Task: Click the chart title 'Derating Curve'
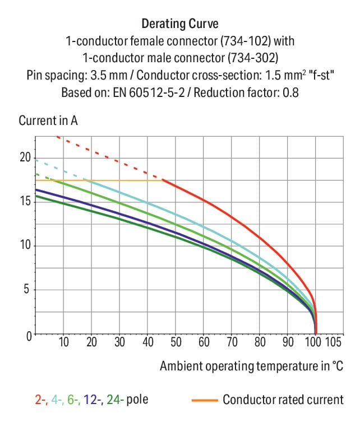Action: [x=179, y=24]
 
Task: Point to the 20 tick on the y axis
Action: [x=25, y=157]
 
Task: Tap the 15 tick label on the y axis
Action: [x=25, y=202]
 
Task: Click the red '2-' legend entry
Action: [x=40, y=400]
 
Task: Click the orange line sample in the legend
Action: [x=204, y=400]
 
